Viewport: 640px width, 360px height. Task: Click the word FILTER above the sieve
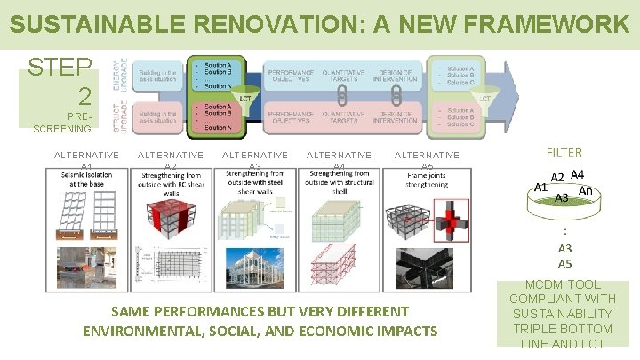[564, 152]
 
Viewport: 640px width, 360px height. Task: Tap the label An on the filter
[585, 190]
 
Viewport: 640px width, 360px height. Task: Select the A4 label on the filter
[577, 174]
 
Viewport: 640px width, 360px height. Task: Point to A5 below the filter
[564, 264]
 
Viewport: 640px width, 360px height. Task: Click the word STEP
[60, 68]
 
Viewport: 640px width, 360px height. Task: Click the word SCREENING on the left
[61, 129]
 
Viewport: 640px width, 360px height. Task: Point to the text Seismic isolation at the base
[86, 180]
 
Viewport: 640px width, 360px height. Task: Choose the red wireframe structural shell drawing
[339, 266]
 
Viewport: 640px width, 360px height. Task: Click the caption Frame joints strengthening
[427, 180]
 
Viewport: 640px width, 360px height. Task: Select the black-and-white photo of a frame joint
[426, 267]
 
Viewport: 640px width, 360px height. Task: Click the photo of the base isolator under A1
[86, 267]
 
